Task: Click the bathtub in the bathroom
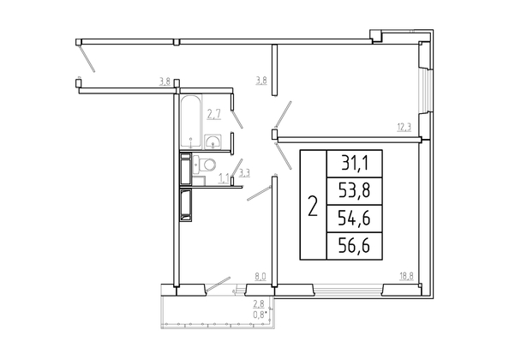pos(191,122)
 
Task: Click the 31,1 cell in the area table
pos(355,163)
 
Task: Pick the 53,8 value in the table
pos(355,191)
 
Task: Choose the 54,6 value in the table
pos(355,218)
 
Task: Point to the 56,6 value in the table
pos(355,246)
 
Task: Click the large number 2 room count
pos(313,206)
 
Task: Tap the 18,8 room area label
pos(406,277)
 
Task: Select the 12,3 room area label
pos(404,127)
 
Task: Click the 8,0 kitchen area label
pos(260,277)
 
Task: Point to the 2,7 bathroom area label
pos(214,115)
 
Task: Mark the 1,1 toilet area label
pos(224,178)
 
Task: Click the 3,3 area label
pos(244,173)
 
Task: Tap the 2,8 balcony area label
pos(259,304)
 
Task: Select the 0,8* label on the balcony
pos(260,314)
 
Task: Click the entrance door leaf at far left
pos(87,58)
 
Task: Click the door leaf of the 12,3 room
pos(283,114)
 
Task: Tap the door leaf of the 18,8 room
pos(284,156)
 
